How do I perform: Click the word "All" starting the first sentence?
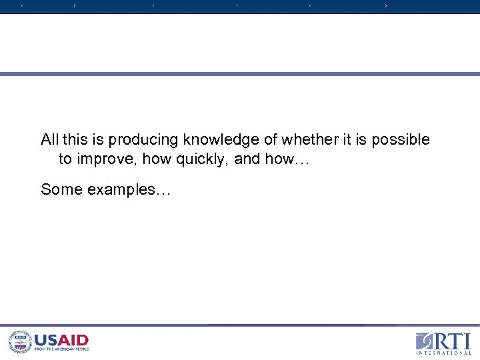[49, 139]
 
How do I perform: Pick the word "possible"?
[401, 139]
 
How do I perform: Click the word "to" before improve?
[65, 159]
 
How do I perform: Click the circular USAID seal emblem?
[19, 342]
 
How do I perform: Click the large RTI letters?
[453, 340]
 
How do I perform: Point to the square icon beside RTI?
[425, 341]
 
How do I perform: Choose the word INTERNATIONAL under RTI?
[443, 353]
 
